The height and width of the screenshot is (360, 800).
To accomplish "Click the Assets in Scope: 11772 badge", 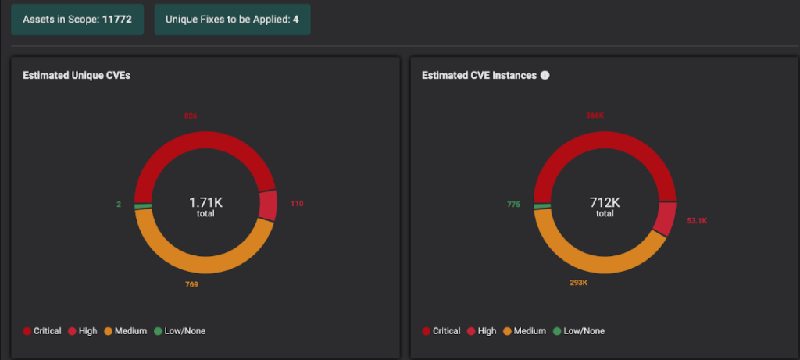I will coord(77,18).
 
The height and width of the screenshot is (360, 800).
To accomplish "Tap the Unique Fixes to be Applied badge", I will coord(232,18).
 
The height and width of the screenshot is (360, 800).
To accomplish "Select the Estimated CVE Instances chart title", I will coord(479,76).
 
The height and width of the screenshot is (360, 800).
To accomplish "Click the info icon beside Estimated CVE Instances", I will coord(545,76).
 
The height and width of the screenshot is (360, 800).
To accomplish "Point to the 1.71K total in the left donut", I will coord(205,205).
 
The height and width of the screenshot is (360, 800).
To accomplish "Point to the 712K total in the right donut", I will coord(605,205).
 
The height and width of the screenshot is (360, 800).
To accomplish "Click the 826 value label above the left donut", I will coord(191,116).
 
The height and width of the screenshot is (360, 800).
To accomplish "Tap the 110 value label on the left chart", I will coord(296,204).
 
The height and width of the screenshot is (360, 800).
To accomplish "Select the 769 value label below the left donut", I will coord(191,284).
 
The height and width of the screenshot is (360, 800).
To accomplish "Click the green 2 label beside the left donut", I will coord(119,205).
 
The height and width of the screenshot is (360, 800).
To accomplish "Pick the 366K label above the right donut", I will coord(595,116).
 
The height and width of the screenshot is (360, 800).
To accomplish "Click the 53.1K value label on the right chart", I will coord(697,221).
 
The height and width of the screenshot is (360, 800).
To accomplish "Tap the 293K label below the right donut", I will coord(580,282).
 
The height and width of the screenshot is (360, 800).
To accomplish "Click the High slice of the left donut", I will coord(268,205).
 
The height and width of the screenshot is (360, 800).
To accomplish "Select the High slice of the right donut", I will coord(666,218).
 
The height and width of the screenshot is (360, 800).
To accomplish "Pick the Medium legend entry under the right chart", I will coord(524,331).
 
